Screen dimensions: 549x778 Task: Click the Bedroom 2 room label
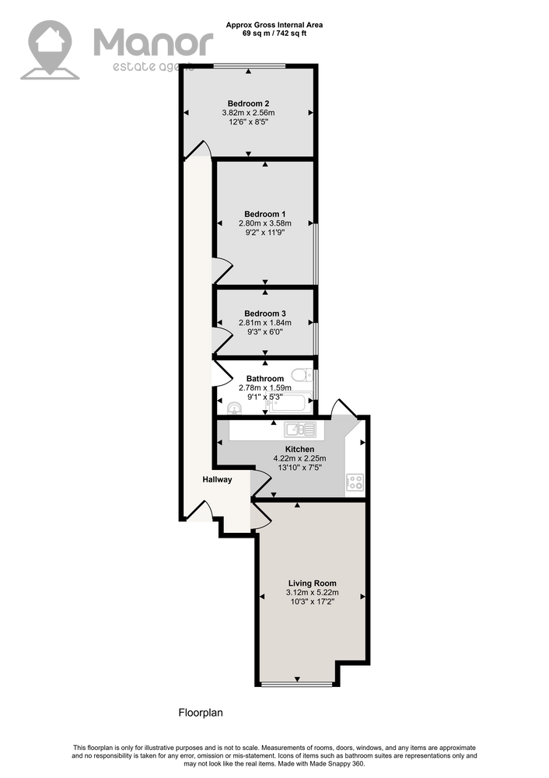pos(249,103)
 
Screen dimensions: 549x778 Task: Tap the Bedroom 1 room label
pos(265,215)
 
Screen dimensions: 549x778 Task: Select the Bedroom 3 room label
pos(265,314)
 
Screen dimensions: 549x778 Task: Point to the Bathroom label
pos(265,379)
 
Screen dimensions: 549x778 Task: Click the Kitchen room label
pos(299,449)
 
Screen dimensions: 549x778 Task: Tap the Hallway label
pos(217,480)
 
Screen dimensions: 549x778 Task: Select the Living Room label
pos(313,583)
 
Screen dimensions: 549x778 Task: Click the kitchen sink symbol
pos(300,429)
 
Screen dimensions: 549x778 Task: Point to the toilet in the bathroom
pos(302,375)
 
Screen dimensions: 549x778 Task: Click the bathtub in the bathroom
pos(288,402)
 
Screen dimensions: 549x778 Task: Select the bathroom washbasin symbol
pos(234,408)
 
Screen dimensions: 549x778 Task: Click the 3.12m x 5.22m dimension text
pos(313,592)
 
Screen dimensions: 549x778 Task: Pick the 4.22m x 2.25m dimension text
pos(299,458)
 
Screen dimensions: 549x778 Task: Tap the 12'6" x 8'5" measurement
pos(249,121)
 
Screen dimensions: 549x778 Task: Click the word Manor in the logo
pos(153,42)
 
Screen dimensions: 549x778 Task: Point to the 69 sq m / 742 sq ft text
pos(274,33)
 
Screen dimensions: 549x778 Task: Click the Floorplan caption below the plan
pos(201,713)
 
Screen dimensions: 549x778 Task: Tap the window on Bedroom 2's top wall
pos(250,66)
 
